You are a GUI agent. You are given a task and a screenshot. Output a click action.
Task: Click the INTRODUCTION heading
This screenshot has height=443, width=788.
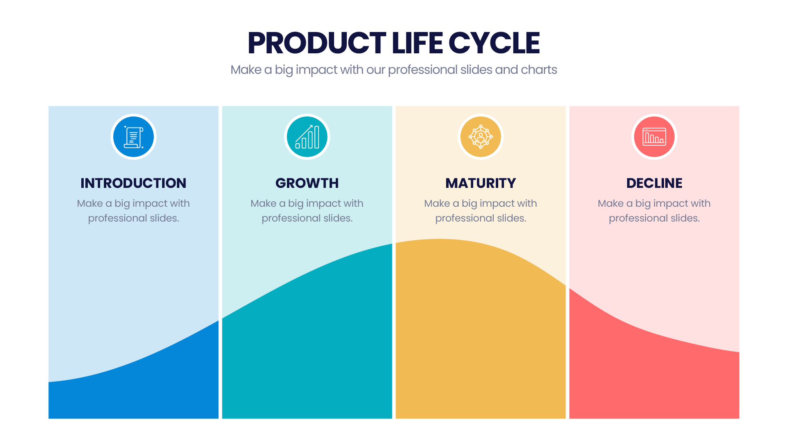pos(133,183)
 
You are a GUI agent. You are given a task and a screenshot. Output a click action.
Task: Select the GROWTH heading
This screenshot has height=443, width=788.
pos(307,183)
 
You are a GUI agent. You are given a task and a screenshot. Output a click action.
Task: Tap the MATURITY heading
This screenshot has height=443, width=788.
pos(481,183)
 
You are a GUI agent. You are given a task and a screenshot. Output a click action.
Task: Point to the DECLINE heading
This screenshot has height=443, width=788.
pos(654,183)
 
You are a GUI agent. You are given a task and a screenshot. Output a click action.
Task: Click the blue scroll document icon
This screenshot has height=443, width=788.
pos(133,137)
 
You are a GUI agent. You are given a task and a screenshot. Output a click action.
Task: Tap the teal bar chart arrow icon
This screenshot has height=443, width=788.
pos(307,137)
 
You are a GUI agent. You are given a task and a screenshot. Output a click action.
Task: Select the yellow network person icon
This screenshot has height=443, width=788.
pos(481,137)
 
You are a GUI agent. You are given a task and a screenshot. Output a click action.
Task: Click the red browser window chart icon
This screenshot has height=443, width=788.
pos(654,137)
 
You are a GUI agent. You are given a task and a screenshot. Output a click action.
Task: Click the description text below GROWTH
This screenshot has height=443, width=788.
pos(307,211)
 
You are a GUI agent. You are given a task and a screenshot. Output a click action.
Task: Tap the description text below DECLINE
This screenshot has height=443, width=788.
pos(654,211)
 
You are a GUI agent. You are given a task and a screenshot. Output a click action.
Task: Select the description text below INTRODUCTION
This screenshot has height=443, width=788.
pos(133,211)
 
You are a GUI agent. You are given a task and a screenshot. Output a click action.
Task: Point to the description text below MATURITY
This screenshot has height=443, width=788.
pos(481,211)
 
